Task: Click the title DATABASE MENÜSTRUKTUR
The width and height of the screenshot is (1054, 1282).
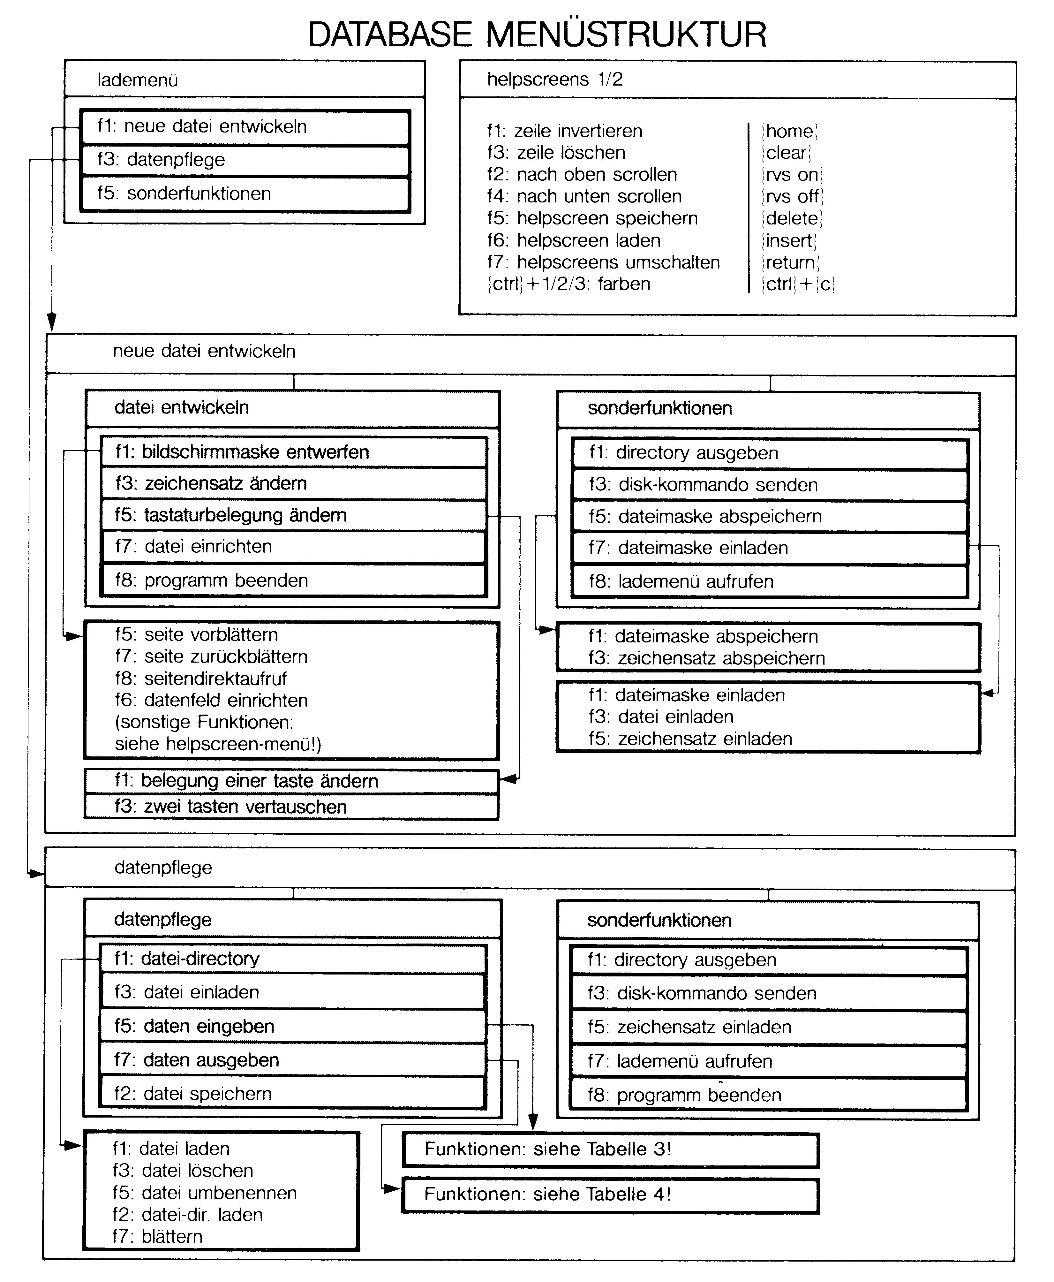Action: click(x=537, y=34)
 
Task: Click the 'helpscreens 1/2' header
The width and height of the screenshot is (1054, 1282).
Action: click(x=555, y=80)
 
